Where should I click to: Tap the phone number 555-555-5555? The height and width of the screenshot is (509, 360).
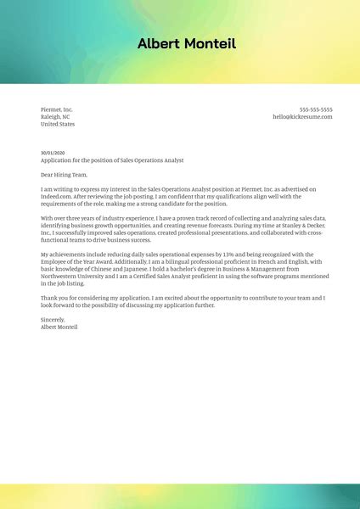[316, 109]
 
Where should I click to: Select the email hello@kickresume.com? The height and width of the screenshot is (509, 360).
[302, 117]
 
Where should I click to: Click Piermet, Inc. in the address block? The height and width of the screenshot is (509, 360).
[57, 109]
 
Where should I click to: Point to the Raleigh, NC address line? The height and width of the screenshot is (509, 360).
[57, 117]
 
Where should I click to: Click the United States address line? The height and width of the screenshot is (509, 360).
[58, 124]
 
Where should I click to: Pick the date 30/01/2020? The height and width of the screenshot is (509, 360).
[52, 153]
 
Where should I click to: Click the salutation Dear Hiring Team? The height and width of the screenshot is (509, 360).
[64, 174]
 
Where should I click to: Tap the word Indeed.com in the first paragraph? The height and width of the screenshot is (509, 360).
[56, 196]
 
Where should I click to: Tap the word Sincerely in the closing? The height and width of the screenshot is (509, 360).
[53, 320]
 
